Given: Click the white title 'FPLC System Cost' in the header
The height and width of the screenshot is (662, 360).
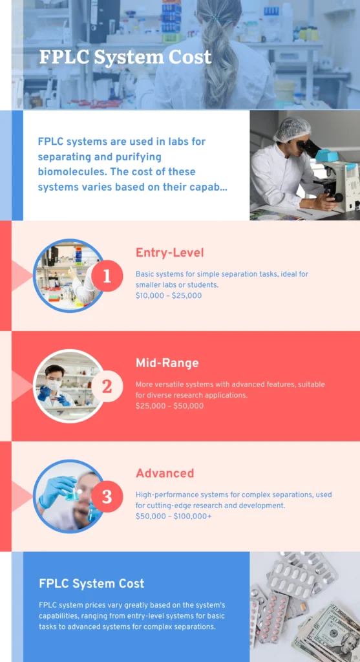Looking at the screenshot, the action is [125, 57].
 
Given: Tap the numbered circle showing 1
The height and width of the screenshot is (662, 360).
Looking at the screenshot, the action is [107, 275].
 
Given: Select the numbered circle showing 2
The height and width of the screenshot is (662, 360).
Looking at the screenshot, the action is [107, 386].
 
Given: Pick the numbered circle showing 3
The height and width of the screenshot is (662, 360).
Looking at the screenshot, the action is [107, 496].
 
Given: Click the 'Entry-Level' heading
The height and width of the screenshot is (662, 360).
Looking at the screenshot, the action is [170, 253].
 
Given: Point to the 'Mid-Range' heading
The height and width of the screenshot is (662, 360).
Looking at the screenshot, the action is [167, 363].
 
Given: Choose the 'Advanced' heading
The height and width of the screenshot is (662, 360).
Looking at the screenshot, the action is [165, 473].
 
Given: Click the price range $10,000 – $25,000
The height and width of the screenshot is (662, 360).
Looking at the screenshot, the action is [169, 295].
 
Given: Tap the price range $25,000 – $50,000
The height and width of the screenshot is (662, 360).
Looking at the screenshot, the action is [170, 406].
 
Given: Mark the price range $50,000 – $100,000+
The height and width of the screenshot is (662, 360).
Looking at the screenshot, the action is [173, 517].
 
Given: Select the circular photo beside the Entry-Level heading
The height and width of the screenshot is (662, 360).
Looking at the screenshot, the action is [69, 275].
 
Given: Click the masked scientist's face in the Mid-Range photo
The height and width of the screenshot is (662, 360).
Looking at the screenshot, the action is [54, 379].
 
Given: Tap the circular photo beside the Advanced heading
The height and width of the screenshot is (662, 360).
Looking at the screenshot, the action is [69, 496].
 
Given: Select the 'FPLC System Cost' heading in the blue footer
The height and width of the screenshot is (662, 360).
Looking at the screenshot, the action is [92, 584].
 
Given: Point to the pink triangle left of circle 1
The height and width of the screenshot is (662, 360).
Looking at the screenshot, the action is [22, 275].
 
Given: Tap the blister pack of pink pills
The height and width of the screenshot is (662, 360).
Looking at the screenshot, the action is [271, 617].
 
